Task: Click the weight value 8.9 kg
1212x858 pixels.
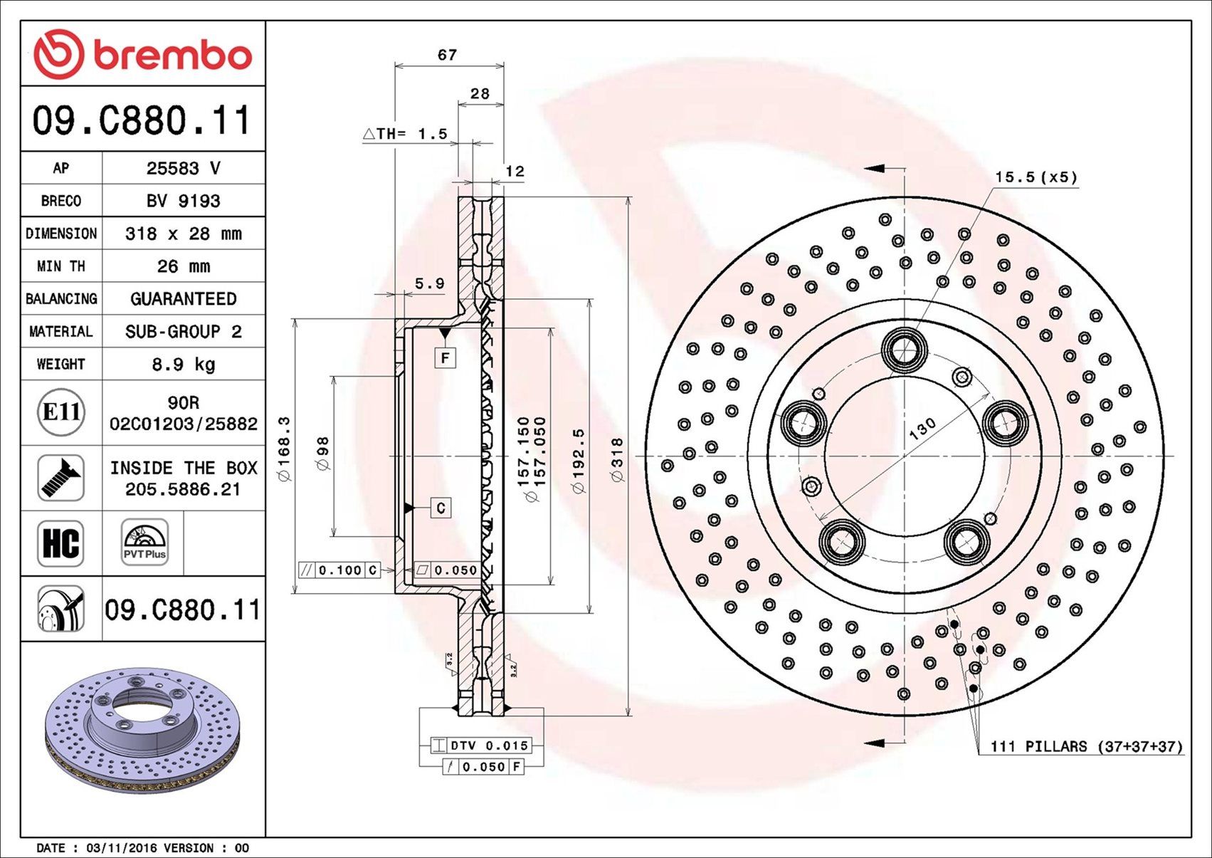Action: (x=184, y=365)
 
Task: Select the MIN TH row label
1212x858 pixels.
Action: (x=60, y=266)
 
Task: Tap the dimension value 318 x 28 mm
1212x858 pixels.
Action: (x=184, y=234)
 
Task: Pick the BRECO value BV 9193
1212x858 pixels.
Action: (x=184, y=201)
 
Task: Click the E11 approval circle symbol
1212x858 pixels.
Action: (x=61, y=412)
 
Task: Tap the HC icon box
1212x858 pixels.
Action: (x=61, y=543)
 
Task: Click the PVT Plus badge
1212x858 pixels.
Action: (x=144, y=543)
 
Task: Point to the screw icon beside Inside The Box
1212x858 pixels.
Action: (x=61, y=478)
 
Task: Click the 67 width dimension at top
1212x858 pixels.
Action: (x=447, y=55)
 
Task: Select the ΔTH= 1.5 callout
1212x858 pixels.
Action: (x=406, y=134)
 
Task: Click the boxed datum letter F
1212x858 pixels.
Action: (x=446, y=357)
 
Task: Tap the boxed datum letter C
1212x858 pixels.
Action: (x=441, y=508)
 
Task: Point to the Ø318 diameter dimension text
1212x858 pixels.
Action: (x=617, y=460)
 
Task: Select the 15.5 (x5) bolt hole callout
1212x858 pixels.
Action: (x=1036, y=177)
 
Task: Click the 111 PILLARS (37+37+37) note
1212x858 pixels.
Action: (x=1086, y=746)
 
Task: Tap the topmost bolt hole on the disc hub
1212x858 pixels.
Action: (x=905, y=350)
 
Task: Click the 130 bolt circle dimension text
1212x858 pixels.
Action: (x=923, y=429)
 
